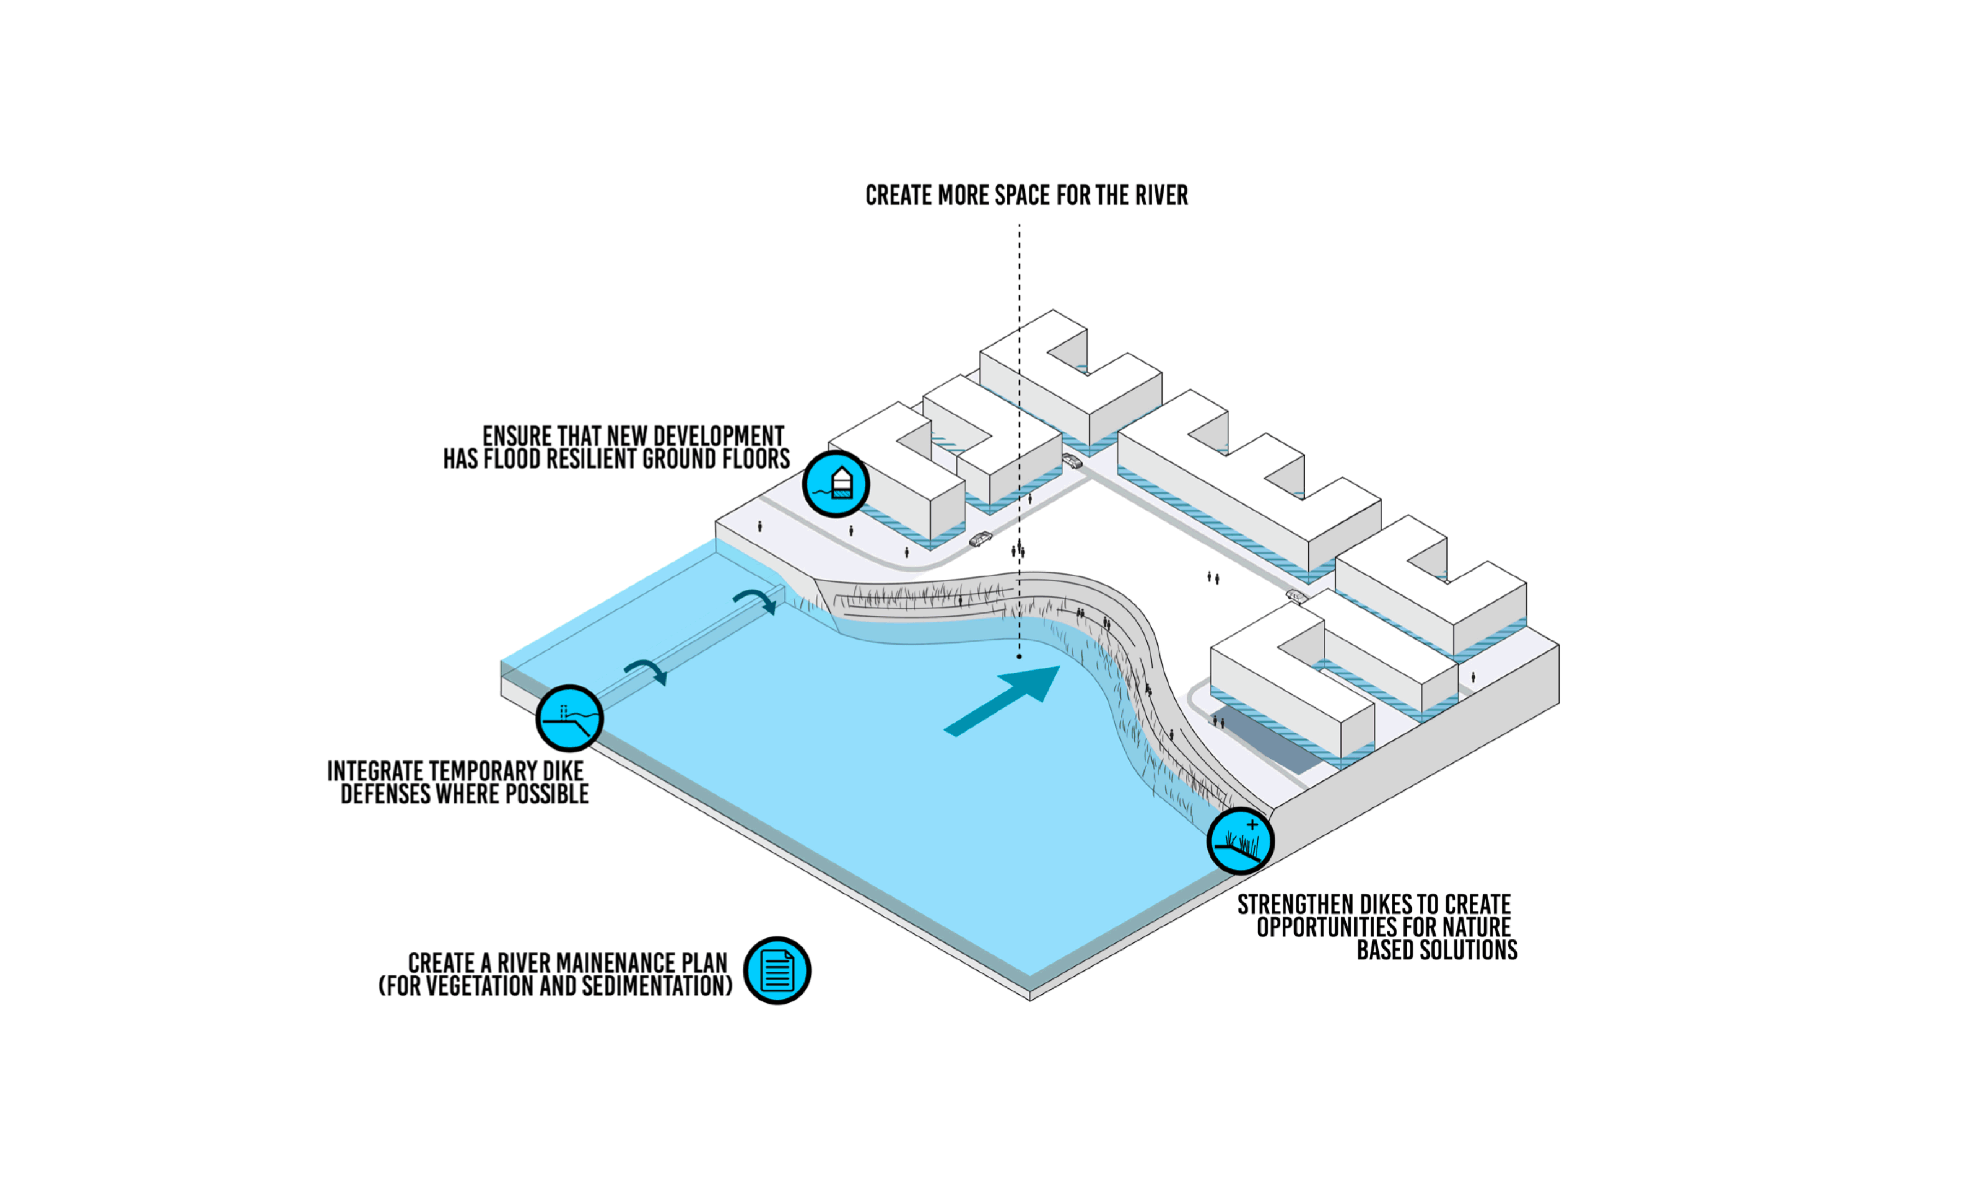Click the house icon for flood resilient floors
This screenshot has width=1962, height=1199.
click(835, 483)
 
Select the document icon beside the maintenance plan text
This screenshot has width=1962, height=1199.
click(776, 971)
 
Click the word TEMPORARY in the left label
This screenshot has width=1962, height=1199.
click(483, 772)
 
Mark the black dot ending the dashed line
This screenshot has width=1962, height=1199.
click(1019, 657)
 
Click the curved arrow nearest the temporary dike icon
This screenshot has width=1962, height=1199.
click(647, 671)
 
